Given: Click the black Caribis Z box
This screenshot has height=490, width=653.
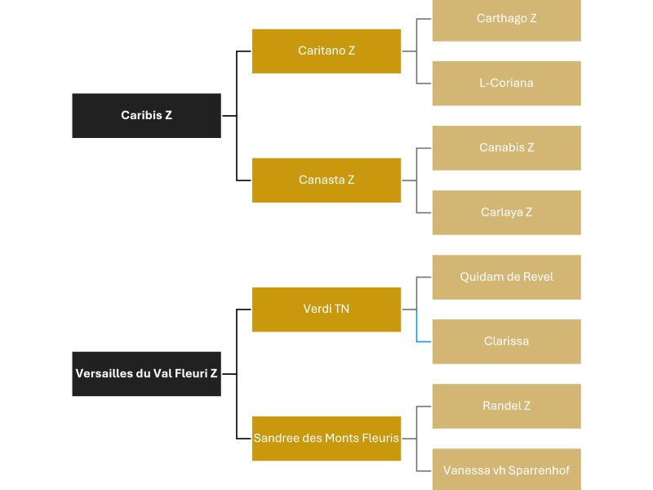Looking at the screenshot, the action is coord(147,115).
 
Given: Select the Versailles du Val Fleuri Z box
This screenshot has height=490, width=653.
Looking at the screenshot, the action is coord(147,374).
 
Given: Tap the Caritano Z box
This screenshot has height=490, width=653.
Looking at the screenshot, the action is coord(326,51).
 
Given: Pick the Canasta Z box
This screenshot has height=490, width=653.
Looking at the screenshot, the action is coord(326,180).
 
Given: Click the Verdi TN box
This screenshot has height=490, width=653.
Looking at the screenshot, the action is coord(326,310).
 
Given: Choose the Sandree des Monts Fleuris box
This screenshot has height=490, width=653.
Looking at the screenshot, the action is coord(326,439).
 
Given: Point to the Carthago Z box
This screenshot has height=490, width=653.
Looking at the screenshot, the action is coord(507,20).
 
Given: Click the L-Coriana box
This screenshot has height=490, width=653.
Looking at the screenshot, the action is coord(507,83).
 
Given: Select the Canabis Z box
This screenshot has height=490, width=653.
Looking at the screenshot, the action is coord(507,148).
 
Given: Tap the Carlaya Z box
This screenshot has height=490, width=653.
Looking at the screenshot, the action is coord(507,212).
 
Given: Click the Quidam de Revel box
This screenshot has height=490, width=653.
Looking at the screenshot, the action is coord(507,277).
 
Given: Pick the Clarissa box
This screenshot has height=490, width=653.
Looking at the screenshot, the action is coord(507,341).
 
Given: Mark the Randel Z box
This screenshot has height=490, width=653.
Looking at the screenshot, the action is coord(507,406).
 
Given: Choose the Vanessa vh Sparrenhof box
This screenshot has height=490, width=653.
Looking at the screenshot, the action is coord(507,469).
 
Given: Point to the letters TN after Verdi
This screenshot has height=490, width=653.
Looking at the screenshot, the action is coord(342,309).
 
